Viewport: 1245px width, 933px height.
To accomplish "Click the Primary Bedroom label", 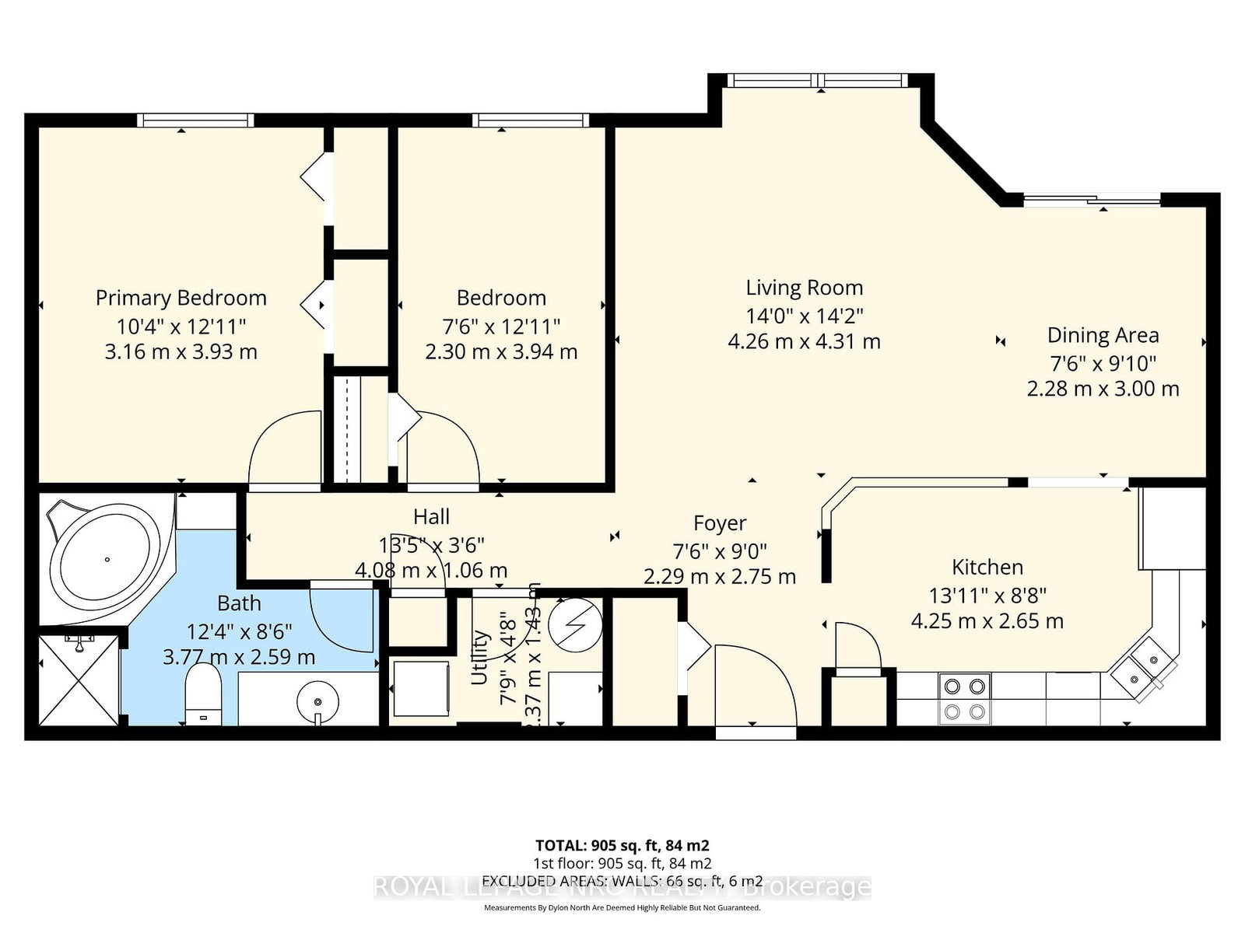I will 181,298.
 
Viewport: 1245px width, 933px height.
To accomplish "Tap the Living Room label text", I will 805,288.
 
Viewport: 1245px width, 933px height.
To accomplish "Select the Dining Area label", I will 1103,335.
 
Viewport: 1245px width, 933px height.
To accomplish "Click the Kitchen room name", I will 987,567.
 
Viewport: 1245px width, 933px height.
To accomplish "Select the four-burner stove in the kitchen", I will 964,698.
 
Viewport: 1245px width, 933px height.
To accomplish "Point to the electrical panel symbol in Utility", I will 575,625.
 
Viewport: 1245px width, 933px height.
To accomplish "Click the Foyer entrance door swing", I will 755,684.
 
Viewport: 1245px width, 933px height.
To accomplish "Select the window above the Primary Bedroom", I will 196,121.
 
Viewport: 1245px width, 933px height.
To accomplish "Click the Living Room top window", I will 818,80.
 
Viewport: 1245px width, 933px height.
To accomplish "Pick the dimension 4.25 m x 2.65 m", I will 987,621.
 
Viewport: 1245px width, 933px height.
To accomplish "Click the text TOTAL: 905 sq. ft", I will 622,845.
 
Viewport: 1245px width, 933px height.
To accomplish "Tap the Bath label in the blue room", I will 239,603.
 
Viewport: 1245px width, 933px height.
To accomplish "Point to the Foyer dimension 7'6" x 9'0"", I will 720,550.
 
